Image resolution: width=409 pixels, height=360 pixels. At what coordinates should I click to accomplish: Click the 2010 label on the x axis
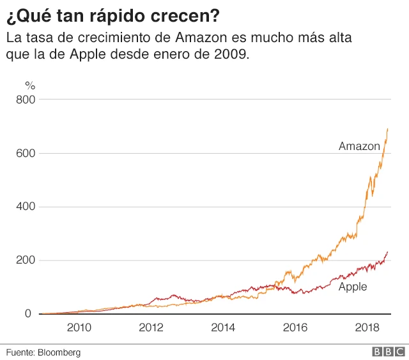point(79,328)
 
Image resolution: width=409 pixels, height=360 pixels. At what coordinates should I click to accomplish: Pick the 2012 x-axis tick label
point(151,328)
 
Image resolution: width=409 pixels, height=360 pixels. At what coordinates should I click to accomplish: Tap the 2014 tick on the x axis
point(222,328)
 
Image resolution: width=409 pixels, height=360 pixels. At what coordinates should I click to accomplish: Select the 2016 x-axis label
point(295,328)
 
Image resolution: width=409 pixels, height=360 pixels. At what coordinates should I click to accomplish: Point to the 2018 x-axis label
point(367,328)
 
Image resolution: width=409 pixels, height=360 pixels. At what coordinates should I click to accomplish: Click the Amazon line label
point(359,146)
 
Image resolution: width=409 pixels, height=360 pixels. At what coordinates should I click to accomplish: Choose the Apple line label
point(353,287)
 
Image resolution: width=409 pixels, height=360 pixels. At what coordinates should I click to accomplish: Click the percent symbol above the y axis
point(29,85)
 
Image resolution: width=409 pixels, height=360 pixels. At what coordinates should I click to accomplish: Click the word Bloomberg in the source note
point(59,352)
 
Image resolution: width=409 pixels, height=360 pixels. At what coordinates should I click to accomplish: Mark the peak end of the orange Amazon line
point(388,128)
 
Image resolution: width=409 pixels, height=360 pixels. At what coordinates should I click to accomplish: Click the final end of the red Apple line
point(388,251)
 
